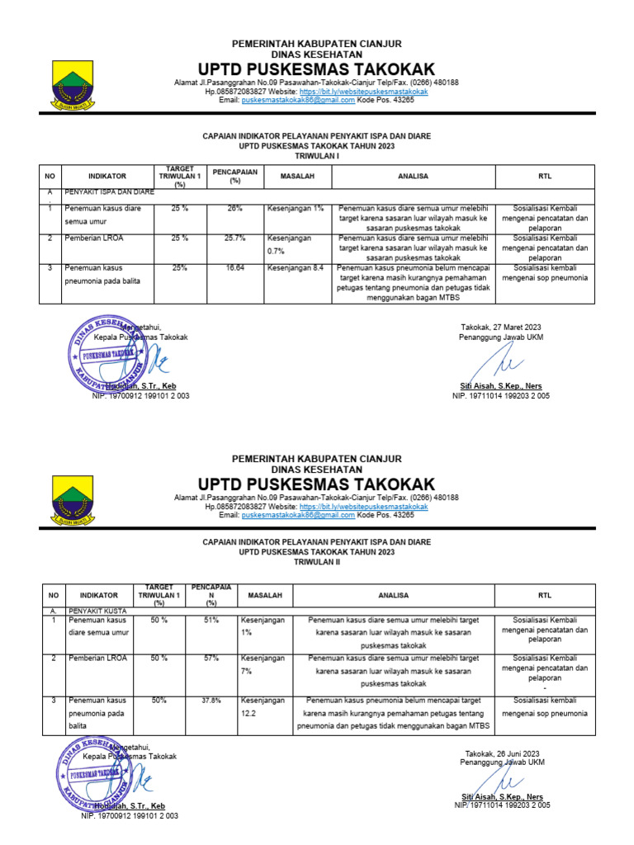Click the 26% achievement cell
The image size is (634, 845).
(x=234, y=209)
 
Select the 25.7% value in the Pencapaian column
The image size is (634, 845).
(x=234, y=238)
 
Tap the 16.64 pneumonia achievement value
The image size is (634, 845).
(x=234, y=268)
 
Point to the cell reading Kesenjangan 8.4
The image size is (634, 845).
(x=295, y=268)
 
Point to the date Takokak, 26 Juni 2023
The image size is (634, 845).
(x=501, y=753)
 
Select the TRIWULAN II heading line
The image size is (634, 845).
(x=316, y=561)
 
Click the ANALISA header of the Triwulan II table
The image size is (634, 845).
(x=393, y=595)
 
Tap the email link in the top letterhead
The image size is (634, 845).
(x=298, y=99)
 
